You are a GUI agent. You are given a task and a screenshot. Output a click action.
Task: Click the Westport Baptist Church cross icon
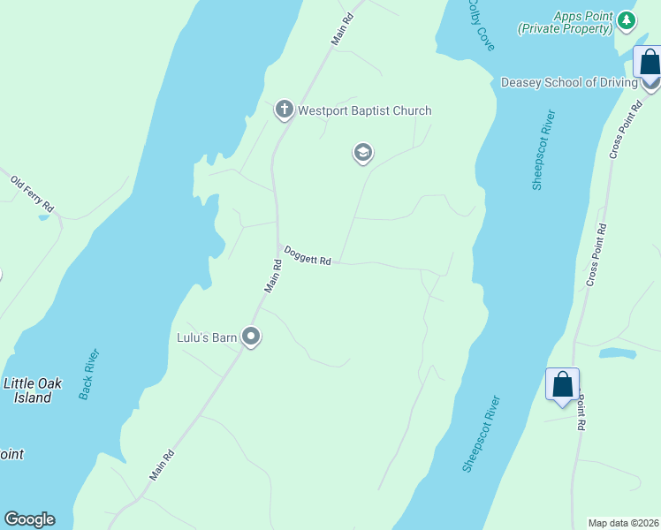coord(284,110)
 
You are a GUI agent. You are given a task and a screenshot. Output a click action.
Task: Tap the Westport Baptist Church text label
coord(364,111)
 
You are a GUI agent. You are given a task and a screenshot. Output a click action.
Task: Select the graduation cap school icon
coord(362,153)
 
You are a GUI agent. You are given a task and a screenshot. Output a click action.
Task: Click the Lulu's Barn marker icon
coord(251,337)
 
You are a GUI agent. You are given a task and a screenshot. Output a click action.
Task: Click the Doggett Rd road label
coord(307,256)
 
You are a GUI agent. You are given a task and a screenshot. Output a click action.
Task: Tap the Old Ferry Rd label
coord(33,193)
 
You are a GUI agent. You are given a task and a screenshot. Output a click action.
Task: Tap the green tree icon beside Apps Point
coord(627,19)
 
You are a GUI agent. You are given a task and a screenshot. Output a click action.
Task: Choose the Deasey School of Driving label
coord(569,83)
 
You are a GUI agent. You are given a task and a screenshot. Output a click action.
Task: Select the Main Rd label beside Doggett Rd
coord(273,276)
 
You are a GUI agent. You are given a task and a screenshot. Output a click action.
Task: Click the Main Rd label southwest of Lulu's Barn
coord(162,466)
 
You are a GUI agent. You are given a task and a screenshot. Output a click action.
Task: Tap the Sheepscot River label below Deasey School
coord(543,149)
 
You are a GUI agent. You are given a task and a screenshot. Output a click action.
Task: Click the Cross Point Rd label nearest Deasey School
coord(623,130)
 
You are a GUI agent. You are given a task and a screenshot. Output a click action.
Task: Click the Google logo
coord(29,519)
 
